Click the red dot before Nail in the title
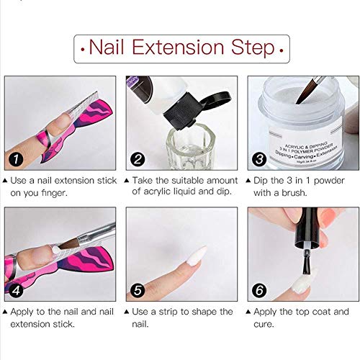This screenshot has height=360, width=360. [x=85, y=50]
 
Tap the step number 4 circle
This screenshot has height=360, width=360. [x=16, y=290]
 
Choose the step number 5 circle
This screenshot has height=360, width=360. [x=137, y=290]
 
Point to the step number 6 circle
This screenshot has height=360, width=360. [x=258, y=290]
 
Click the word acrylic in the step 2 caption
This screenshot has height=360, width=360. [x=157, y=192]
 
